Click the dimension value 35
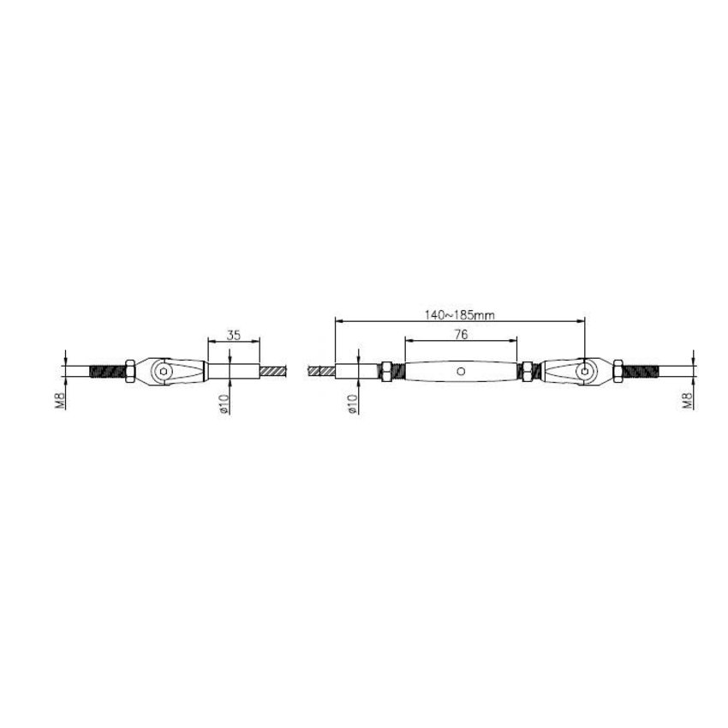233,337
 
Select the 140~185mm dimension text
460,314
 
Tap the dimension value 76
461,336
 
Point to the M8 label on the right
688,401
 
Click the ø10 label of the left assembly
222,403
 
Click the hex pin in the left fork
163,372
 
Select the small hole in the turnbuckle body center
461,372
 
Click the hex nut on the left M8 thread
128,372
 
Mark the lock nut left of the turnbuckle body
387,372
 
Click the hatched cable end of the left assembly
273,372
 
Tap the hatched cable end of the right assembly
323,372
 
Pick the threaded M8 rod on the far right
641,372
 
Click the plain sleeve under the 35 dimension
233,372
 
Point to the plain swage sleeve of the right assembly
356,372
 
